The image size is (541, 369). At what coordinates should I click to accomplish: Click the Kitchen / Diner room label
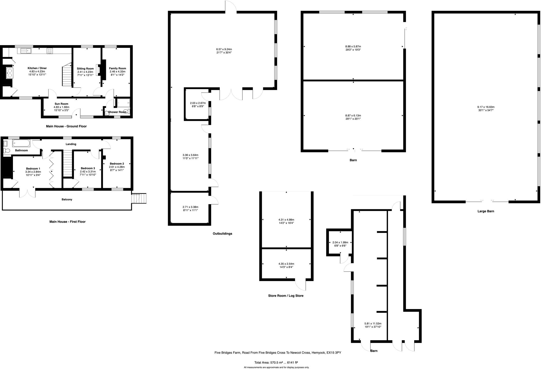click(x=37, y=68)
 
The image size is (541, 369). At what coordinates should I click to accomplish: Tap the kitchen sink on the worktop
click(x=26, y=50)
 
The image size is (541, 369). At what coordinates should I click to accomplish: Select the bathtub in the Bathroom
click(x=21, y=143)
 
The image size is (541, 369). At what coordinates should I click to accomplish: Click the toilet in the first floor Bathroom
click(x=7, y=151)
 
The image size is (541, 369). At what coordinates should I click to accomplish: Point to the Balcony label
click(x=67, y=199)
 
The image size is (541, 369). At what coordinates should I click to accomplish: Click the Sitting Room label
click(x=85, y=69)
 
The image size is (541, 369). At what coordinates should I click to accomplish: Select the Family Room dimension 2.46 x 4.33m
click(x=118, y=72)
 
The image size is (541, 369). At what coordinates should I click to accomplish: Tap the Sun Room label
click(x=61, y=104)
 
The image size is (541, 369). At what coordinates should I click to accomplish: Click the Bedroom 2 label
click(x=117, y=164)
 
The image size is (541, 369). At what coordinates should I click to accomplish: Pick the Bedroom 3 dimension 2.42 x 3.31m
click(x=88, y=171)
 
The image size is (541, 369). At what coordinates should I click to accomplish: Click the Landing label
click(x=71, y=144)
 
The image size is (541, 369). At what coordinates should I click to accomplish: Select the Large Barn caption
click(x=486, y=211)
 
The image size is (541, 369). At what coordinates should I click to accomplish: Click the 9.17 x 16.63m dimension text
click(x=486, y=107)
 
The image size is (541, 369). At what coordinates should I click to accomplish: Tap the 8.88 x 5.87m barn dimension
click(x=353, y=46)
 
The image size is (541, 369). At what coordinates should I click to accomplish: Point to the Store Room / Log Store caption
click(x=286, y=296)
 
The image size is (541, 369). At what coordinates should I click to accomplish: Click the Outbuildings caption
click(x=222, y=233)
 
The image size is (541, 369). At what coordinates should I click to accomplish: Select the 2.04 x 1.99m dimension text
click(x=340, y=242)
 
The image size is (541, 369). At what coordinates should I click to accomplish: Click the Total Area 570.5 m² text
click(x=276, y=363)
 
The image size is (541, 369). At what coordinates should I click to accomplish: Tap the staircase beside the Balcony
click(x=139, y=198)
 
